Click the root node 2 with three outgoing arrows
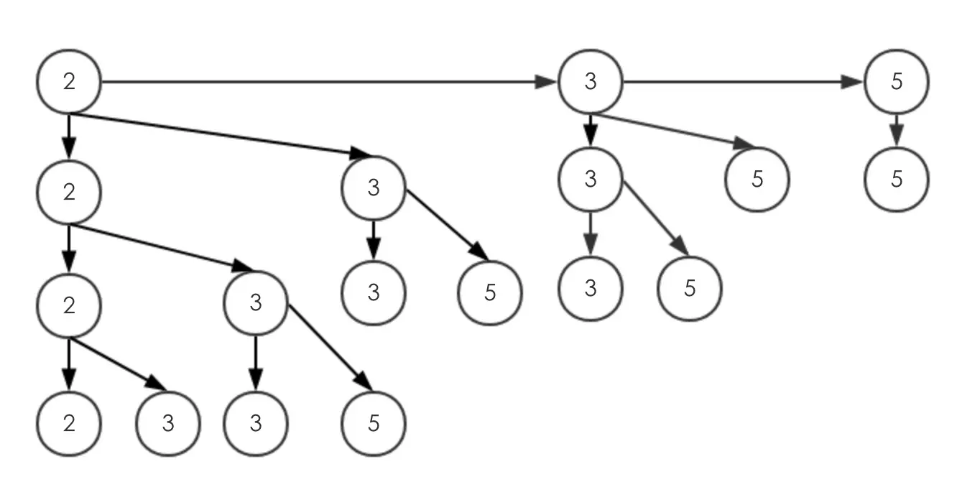click(x=69, y=81)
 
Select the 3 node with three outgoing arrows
click(x=591, y=81)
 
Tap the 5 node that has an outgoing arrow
click(x=897, y=81)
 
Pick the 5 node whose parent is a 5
click(x=897, y=179)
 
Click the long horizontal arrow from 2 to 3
click(x=329, y=82)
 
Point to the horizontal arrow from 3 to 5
click(x=743, y=82)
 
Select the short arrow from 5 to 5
click(x=897, y=130)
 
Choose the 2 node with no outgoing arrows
click(x=69, y=424)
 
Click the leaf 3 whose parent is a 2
click(x=168, y=424)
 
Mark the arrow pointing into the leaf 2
click(x=69, y=364)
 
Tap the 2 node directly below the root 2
click(x=69, y=192)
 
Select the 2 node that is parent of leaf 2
click(x=69, y=305)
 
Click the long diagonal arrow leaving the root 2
click(x=221, y=135)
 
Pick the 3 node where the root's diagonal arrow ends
click(x=374, y=187)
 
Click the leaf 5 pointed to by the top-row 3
click(x=757, y=179)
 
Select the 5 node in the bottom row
click(x=374, y=424)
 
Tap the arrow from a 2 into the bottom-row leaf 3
click(x=118, y=364)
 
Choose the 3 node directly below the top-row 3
click(x=591, y=179)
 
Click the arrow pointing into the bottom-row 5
click(x=330, y=348)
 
